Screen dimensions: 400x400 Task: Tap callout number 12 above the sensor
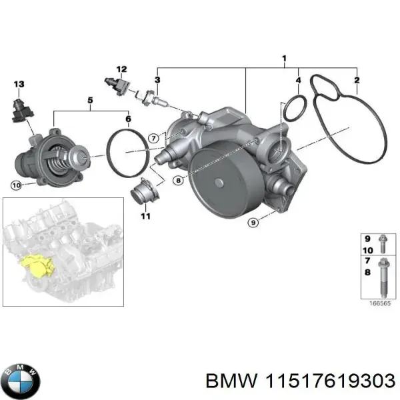[x=121, y=69]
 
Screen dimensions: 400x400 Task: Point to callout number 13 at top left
[x=19, y=84]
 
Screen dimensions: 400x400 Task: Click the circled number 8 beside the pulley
[x=178, y=180]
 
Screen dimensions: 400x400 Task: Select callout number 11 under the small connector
[x=145, y=215]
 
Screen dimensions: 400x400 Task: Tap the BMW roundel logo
[x=21, y=382]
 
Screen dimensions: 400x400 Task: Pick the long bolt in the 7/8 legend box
[x=383, y=274]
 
